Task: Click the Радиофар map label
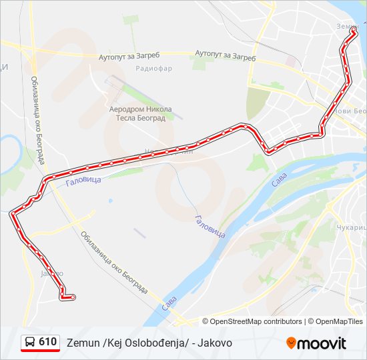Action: point(153,69)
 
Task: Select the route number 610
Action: point(47,341)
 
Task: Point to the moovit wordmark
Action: point(322,344)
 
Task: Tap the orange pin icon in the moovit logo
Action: point(291,343)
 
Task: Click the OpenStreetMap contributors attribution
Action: point(256,321)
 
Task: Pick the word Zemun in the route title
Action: point(82,343)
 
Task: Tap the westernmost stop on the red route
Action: point(13,215)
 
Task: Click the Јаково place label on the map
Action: point(51,273)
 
